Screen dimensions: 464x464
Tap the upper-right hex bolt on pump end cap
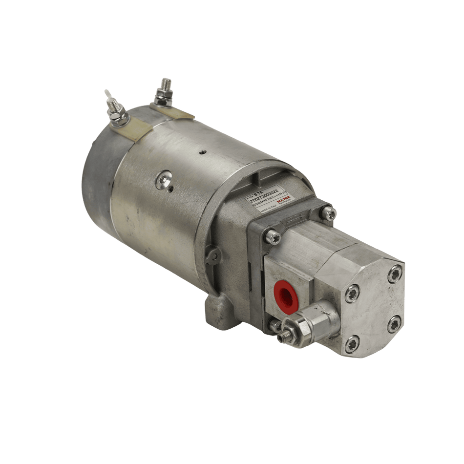395,274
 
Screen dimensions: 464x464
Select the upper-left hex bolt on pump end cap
353,294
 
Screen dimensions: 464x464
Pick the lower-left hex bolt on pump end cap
352,344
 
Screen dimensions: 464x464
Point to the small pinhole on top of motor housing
201,152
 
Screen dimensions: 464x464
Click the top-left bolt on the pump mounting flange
273,238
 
